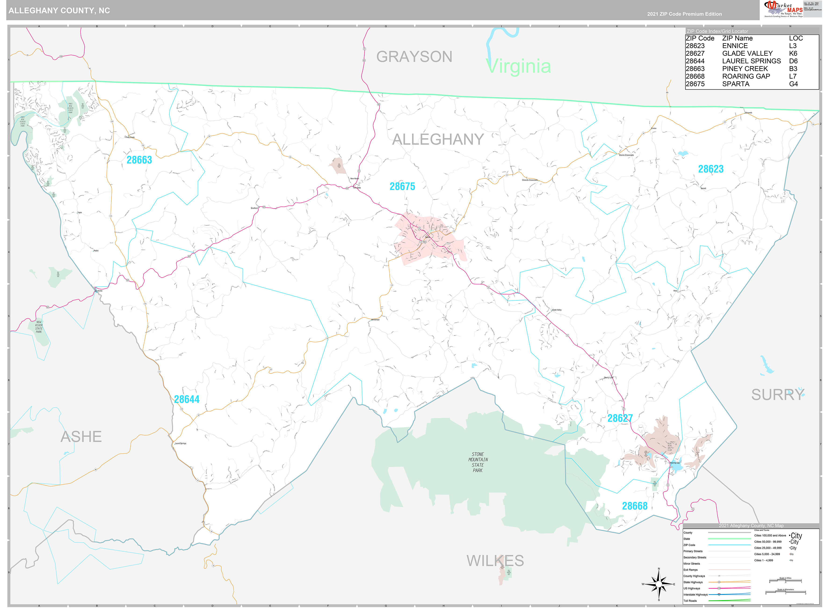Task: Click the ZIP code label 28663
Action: pyautogui.click(x=139, y=160)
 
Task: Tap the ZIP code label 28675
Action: pyautogui.click(x=402, y=186)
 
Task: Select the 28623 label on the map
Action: pyautogui.click(x=710, y=169)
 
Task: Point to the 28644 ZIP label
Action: pyautogui.click(x=187, y=399)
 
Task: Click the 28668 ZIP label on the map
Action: pyautogui.click(x=634, y=506)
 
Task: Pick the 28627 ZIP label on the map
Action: pyautogui.click(x=620, y=418)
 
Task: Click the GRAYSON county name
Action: pyautogui.click(x=414, y=57)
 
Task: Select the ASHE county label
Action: pyautogui.click(x=81, y=437)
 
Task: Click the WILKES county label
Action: pyautogui.click(x=495, y=561)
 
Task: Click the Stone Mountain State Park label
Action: pyautogui.click(x=478, y=462)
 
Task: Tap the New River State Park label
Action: pyautogui.click(x=39, y=327)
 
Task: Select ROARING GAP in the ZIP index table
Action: pyautogui.click(x=746, y=76)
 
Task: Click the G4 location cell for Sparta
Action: pyautogui.click(x=793, y=84)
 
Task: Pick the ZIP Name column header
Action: pyautogui.click(x=737, y=38)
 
